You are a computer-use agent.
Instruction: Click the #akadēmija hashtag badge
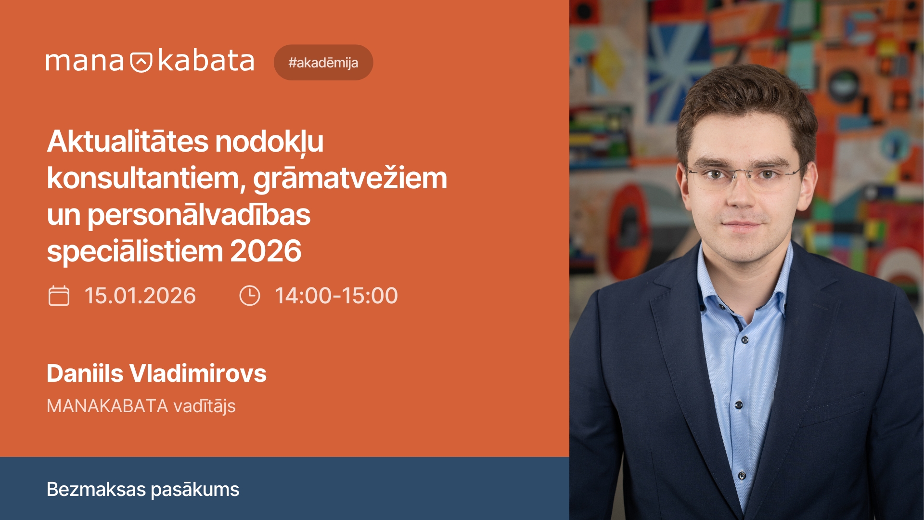point(323,63)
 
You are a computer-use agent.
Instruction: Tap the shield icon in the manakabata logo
point(141,62)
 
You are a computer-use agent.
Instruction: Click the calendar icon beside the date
point(59,296)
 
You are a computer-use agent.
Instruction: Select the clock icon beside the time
point(249,296)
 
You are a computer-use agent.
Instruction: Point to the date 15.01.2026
point(140,296)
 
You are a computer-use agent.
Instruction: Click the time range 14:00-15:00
point(336,296)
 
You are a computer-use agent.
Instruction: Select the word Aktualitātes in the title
point(128,142)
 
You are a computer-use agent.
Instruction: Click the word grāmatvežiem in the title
point(350,178)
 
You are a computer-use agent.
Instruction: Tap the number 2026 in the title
point(266,251)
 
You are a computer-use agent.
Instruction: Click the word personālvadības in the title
point(199,215)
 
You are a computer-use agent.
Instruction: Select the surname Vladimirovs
point(198,373)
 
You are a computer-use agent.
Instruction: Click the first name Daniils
point(85,373)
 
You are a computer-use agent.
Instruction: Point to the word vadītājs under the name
point(204,406)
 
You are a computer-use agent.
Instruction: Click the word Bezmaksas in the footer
point(96,489)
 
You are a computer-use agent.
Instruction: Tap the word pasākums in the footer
point(195,490)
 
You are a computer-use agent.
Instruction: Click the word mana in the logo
point(85,62)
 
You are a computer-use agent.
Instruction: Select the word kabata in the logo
point(205,61)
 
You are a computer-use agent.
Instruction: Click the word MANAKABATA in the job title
point(107,406)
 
